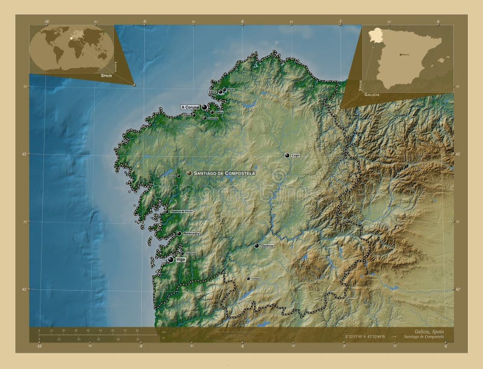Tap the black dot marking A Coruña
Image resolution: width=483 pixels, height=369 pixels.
204,107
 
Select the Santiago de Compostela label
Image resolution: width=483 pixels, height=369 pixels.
225,173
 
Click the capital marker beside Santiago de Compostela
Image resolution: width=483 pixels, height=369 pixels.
190,173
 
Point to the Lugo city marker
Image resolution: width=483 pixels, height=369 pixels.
287,155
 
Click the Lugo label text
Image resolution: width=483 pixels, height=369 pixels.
296,155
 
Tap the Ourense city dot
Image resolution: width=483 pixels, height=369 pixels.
257,246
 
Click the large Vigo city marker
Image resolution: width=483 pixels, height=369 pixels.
171,259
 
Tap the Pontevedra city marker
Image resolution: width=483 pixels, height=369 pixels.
179,233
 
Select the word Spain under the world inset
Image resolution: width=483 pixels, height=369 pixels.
106,77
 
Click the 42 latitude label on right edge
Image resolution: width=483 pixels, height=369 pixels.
457,289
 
